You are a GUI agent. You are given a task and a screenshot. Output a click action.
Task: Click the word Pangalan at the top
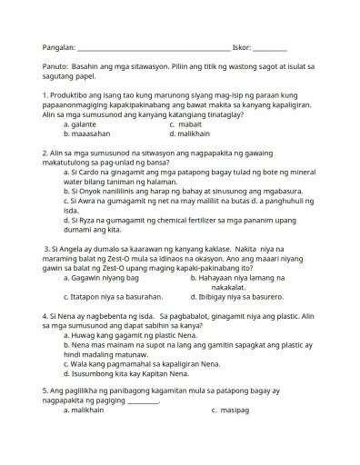[x=58, y=47]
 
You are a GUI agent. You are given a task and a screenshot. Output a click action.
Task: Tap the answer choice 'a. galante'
[x=80, y=124]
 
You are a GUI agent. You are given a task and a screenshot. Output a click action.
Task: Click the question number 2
[x=45, y=153]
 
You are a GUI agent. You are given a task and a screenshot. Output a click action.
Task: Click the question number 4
[x=45, y=315]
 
